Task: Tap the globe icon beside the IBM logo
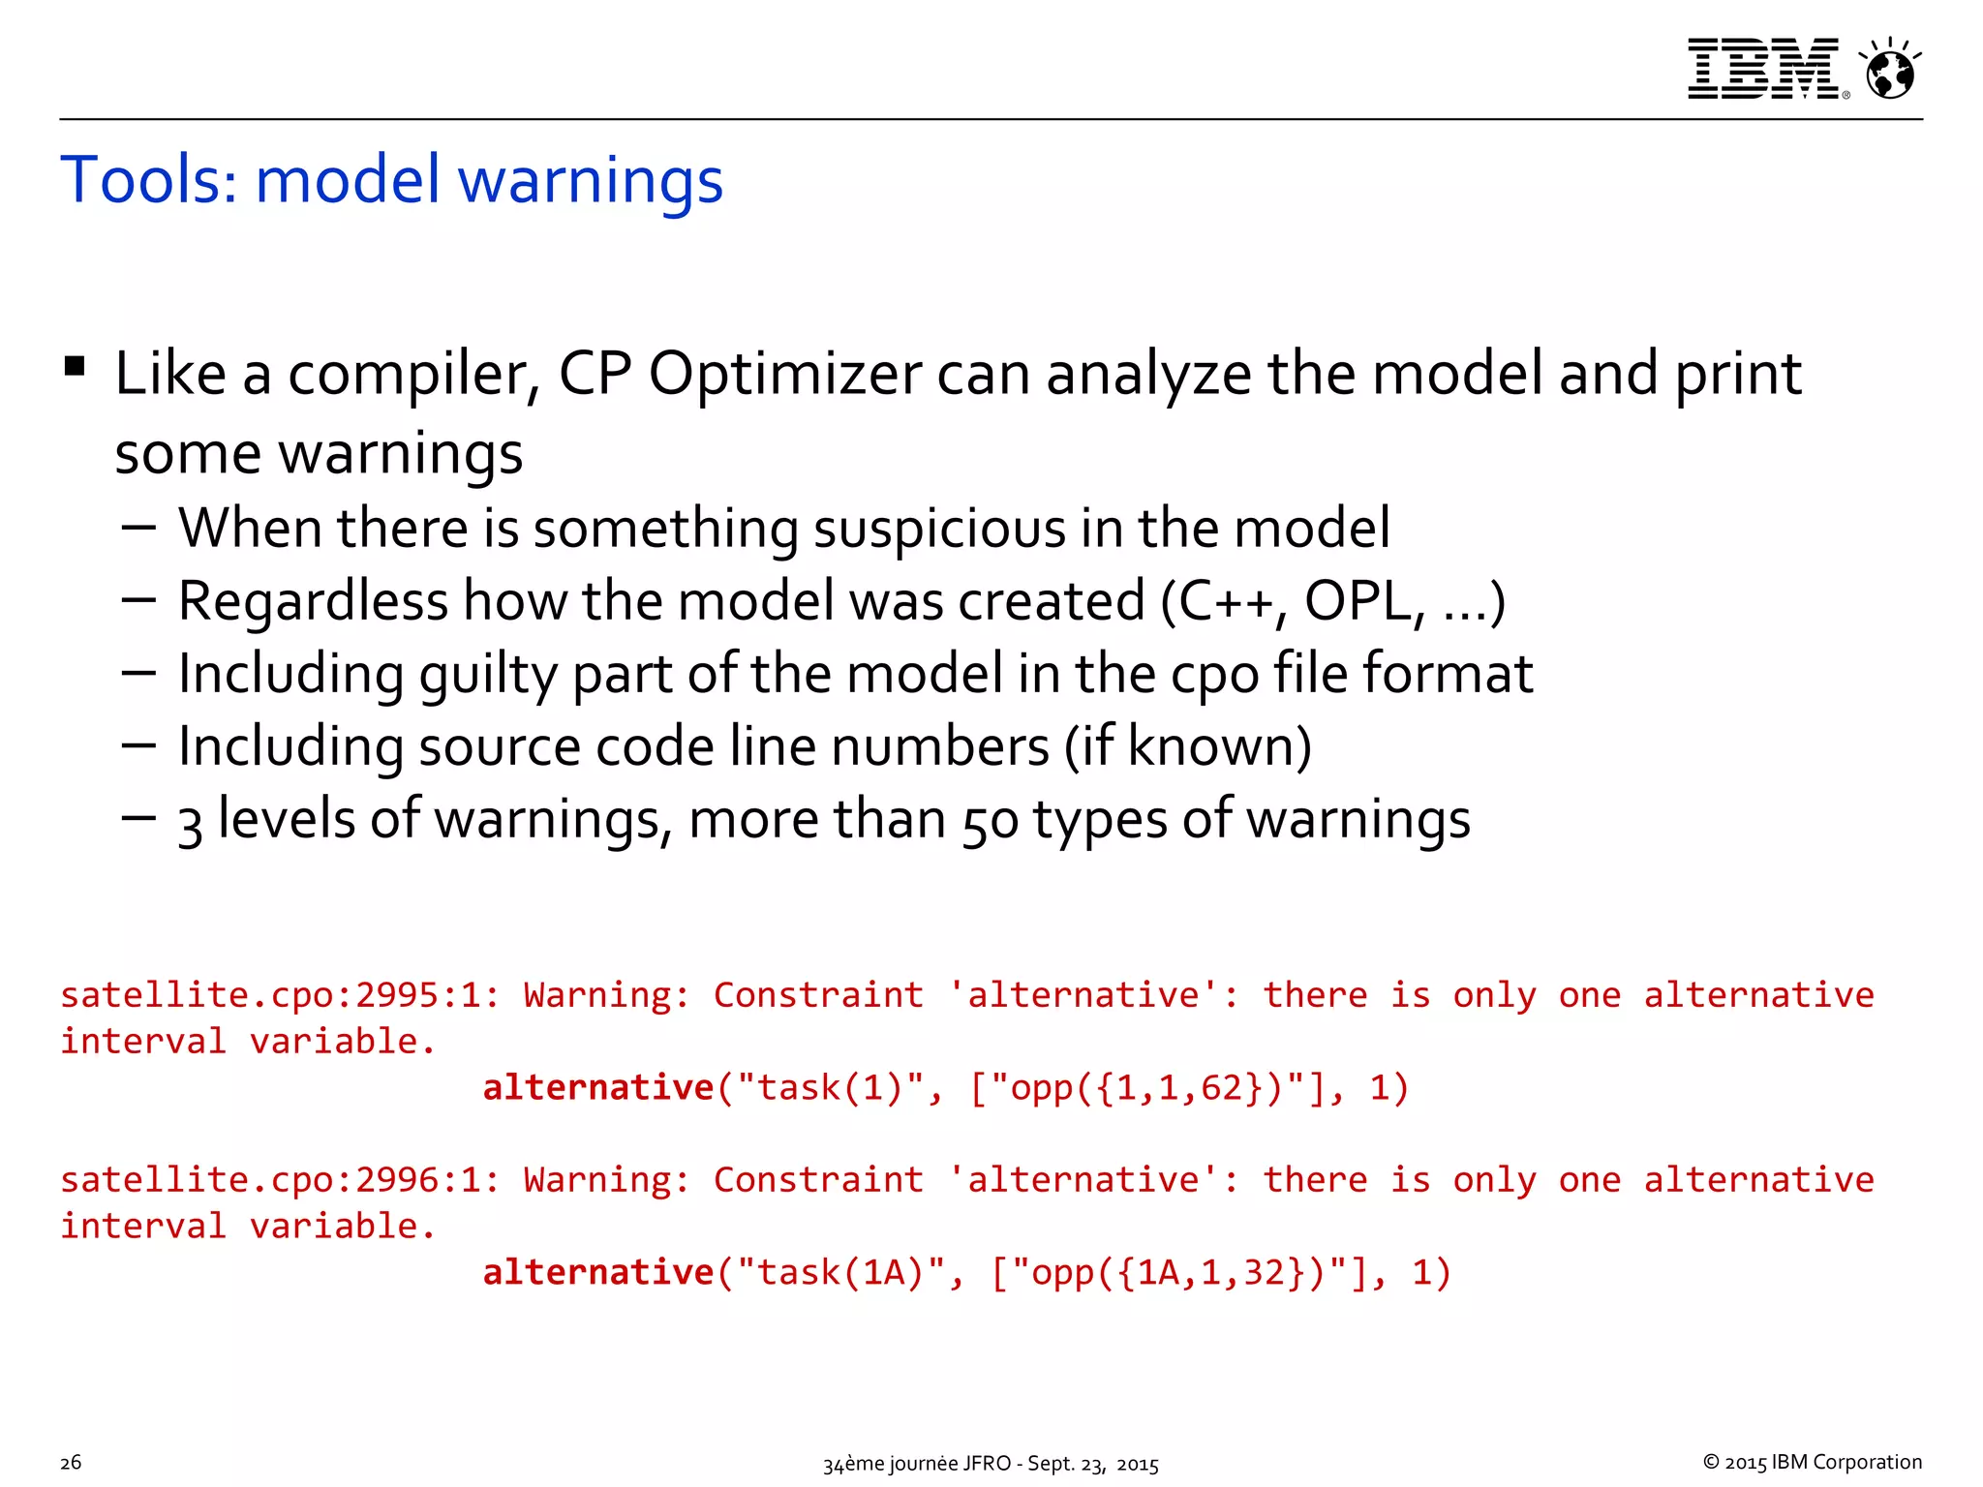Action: (1890, 71)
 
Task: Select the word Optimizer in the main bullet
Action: (785, 375)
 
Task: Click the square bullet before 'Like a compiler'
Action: (75, 367)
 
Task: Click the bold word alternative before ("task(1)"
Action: (597, 1088)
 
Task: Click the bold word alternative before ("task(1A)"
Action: (597, 1272)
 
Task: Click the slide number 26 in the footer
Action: (71, 1462)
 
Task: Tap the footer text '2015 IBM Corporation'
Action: (1821, 1462)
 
